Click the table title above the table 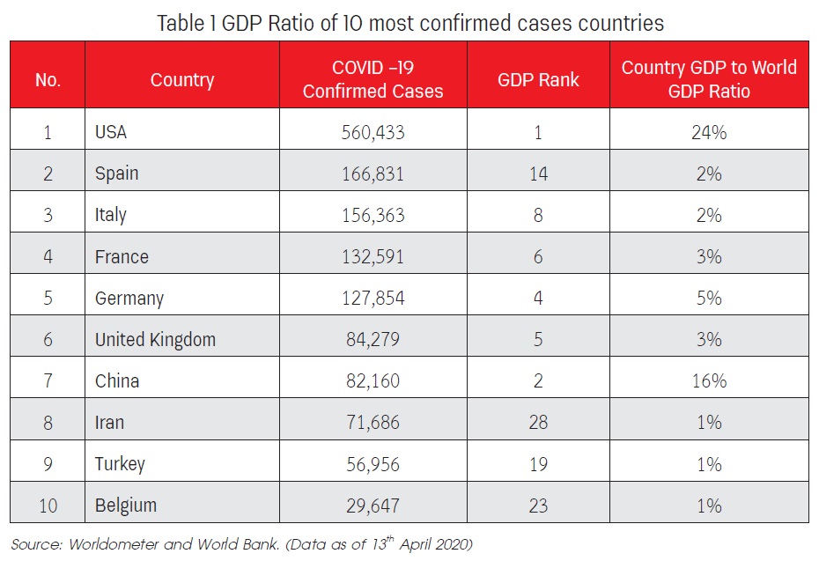(410, 23)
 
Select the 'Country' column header (181, 79)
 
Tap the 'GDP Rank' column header (538, 79)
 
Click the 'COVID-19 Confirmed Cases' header (373, 79)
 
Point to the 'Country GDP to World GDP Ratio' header (709, 79)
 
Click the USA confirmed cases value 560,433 (373, 132)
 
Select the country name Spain (116, 173)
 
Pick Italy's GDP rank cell (538, 215)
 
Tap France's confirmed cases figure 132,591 (373, 256)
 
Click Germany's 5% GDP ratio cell (709, 298)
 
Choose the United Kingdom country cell (155, 339)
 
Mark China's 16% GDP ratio (709, 380)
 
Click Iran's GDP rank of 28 (538, 423)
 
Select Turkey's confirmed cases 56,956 (373, 464)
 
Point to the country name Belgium (126, 506)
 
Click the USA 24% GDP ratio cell (709, 132)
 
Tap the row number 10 (48, 506)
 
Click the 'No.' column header (48, 79)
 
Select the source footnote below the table (242, 544)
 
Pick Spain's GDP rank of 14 (538, 173)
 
